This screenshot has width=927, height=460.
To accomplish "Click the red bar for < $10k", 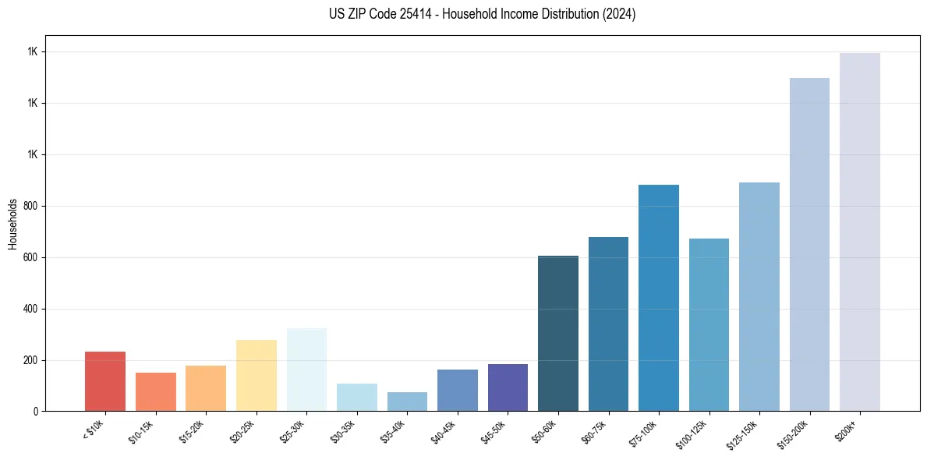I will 105,381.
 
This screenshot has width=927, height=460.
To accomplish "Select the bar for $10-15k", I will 156,391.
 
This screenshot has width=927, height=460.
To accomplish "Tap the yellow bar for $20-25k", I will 257,375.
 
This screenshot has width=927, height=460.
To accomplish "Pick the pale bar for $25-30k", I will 306,370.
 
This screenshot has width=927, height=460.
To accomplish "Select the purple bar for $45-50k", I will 508,387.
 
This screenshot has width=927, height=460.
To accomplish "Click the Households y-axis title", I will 12,224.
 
